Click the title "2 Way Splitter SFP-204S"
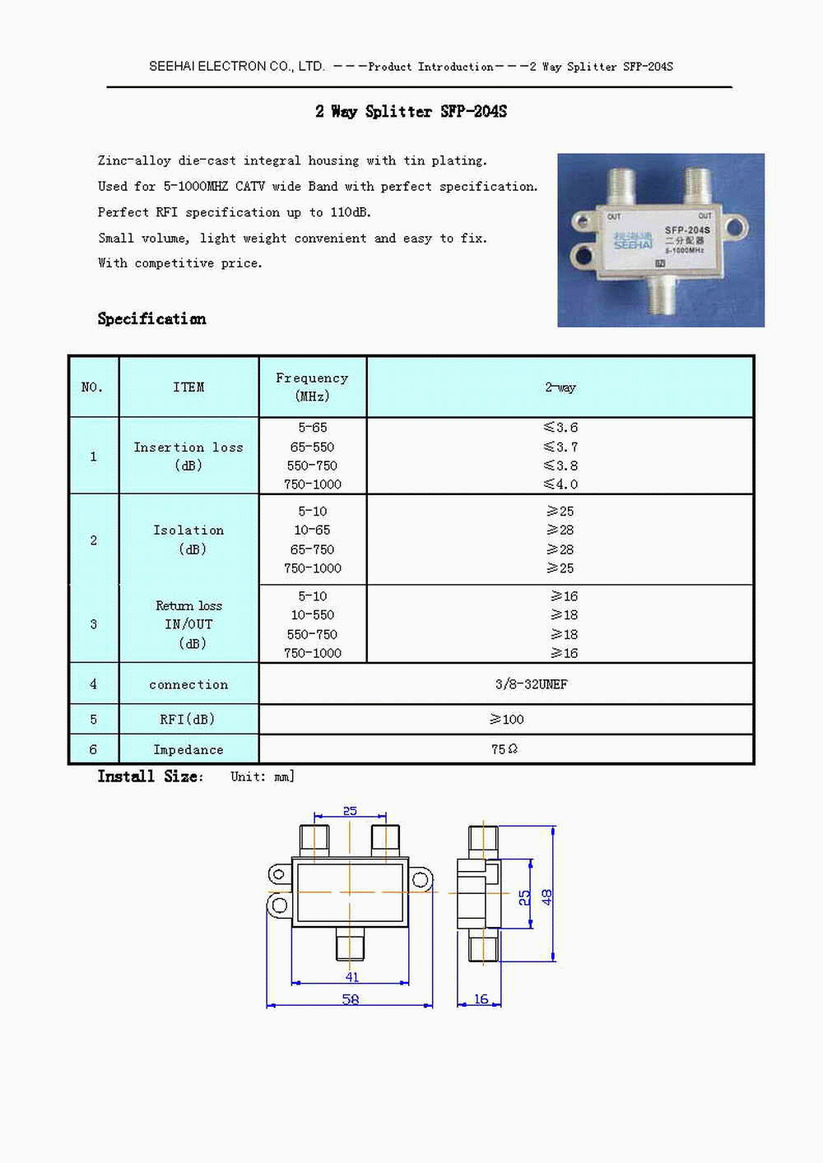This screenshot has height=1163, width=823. (411, 112)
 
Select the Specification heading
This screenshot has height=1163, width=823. (151, 319)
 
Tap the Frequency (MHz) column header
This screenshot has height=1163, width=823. (312, 387)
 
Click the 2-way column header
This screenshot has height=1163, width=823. (560, 387)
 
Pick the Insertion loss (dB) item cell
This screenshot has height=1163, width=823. (188, 456)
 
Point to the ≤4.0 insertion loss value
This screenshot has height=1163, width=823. (560, 484)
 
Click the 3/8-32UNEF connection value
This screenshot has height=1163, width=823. (531, 684)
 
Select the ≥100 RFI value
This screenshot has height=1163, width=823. (507, 719)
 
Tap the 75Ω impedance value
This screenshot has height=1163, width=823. (504, 749)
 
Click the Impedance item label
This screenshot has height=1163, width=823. (188, 750)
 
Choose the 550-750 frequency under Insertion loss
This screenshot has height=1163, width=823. (312, 466)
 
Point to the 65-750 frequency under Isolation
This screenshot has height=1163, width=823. (312, 549)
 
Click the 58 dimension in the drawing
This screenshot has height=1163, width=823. (351, 999)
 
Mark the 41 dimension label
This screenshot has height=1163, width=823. (352, 977)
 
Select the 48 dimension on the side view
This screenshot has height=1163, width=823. (547, 897)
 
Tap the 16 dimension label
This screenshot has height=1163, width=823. (481, 999)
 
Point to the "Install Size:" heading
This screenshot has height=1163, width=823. (150, 776)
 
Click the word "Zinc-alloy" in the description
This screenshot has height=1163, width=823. (135, 160)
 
